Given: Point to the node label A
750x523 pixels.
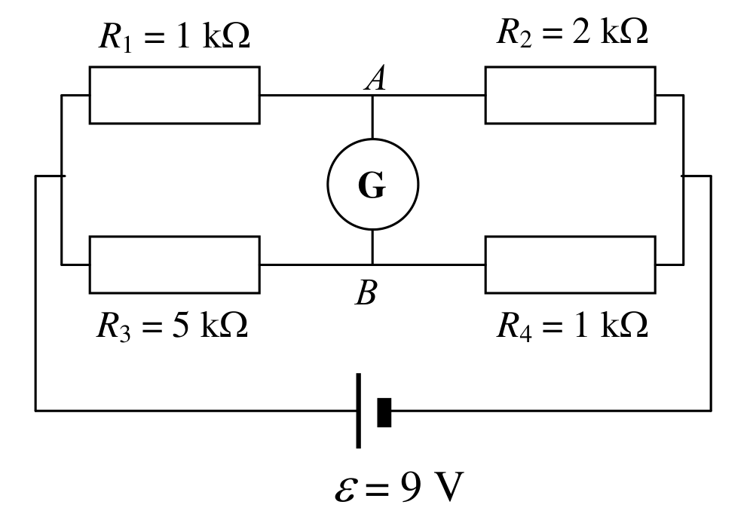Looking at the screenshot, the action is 375,78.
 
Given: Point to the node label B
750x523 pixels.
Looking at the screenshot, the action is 366,292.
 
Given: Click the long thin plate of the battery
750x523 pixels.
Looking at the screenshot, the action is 358,411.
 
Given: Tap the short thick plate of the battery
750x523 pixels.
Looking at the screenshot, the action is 384,412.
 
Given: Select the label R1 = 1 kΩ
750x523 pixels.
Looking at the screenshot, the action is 174,36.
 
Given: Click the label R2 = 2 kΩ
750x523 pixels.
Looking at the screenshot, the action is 572,32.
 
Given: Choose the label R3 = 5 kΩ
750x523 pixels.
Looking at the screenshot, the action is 172,326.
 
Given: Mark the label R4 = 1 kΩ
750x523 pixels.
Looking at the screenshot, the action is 572,326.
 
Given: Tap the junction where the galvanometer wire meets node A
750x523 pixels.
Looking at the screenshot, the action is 372,95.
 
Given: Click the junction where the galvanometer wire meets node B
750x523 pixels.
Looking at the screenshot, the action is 372,265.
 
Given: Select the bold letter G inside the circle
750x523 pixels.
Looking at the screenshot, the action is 372,185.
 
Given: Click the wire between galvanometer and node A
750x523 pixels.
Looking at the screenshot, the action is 372,117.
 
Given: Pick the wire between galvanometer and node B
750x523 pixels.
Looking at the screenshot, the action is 372,247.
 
